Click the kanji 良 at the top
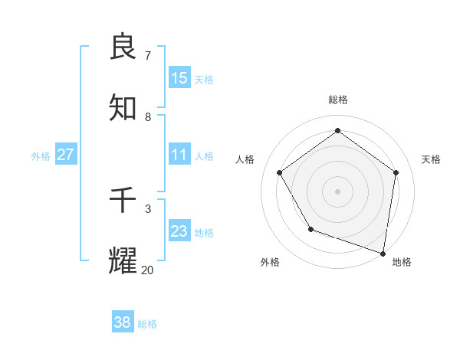click(123, 47)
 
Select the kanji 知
click(123, 108)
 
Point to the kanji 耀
click(123, 260)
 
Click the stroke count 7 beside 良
click(147, 55)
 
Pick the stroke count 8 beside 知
click(147, 116)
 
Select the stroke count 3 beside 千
click(147, 208)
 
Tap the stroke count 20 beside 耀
click(147, 270)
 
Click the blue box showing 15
click(179, 78)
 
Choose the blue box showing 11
click(179, 155)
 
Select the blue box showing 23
click(179, 231)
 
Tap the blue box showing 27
click(65, 155)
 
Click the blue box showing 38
click(123, 322)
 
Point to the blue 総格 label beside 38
click(147, 324)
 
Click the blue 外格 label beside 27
click(41, 156)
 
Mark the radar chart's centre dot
click(337, 191)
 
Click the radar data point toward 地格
click(383, 252)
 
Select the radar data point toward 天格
click(396, 172)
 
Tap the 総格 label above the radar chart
click(337, 100)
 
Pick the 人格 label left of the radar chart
click(245, 159)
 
